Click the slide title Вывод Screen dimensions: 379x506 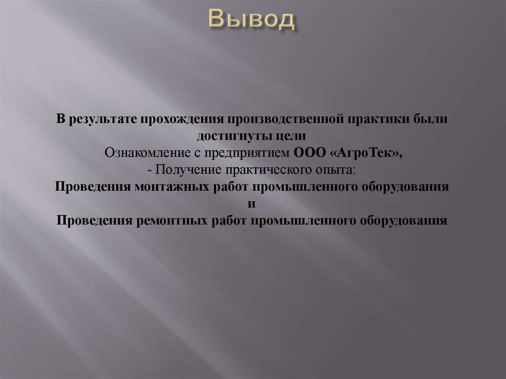pos(252,19)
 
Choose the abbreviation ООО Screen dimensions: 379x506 pos(307,153)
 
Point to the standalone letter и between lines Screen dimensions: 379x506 pos(252,204)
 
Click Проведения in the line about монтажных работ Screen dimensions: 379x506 pos(93,187)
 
